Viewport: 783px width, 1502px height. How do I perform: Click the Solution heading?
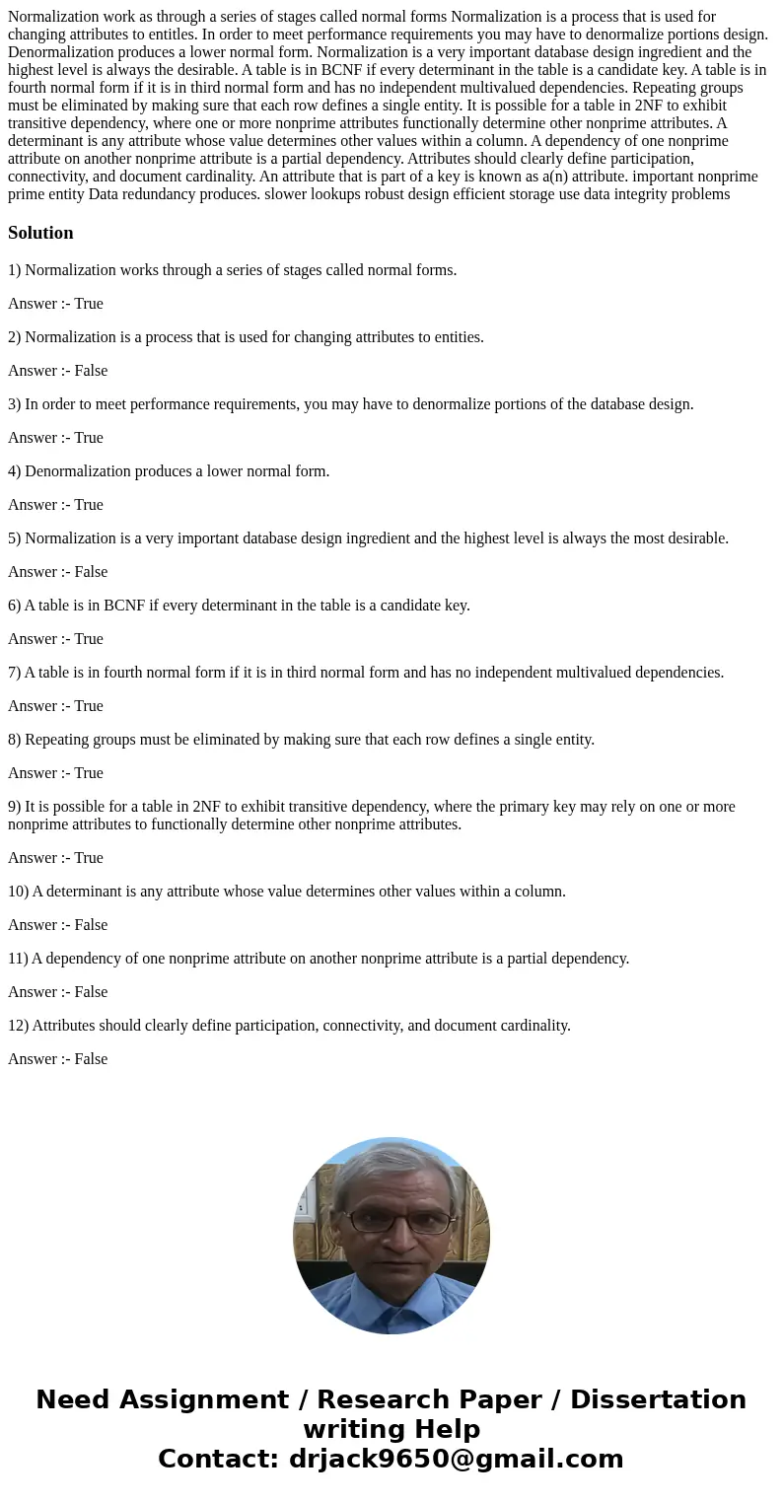(40, 233)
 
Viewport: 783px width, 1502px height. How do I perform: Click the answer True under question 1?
(89, 304)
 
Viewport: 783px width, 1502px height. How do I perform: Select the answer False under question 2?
(91, 371)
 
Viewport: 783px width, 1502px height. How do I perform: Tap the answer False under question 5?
(91, 572)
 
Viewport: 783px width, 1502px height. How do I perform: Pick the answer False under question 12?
(91, 1059)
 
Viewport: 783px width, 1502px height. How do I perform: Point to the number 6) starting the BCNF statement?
(15, 606)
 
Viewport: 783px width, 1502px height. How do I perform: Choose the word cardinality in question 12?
(535, 1026)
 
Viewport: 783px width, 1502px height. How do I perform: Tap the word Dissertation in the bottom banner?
(658, 1399)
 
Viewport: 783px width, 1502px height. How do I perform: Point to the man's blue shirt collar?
(391, 1300)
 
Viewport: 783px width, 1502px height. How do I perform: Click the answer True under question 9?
(89, 858)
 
